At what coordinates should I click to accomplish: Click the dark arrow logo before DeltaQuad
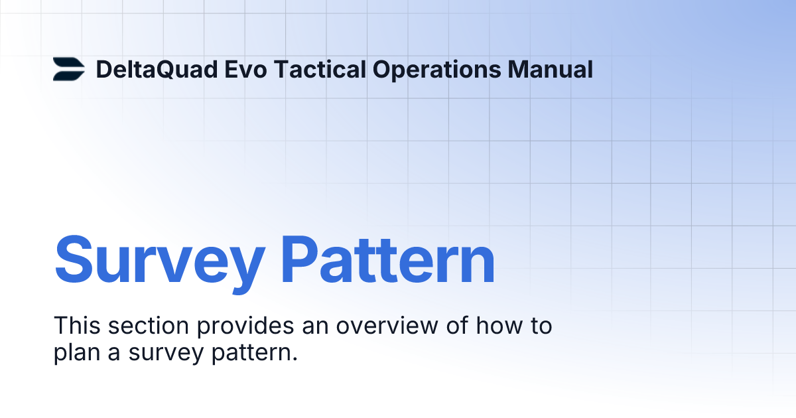pos(69,69)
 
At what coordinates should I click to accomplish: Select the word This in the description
pos(77,326)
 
